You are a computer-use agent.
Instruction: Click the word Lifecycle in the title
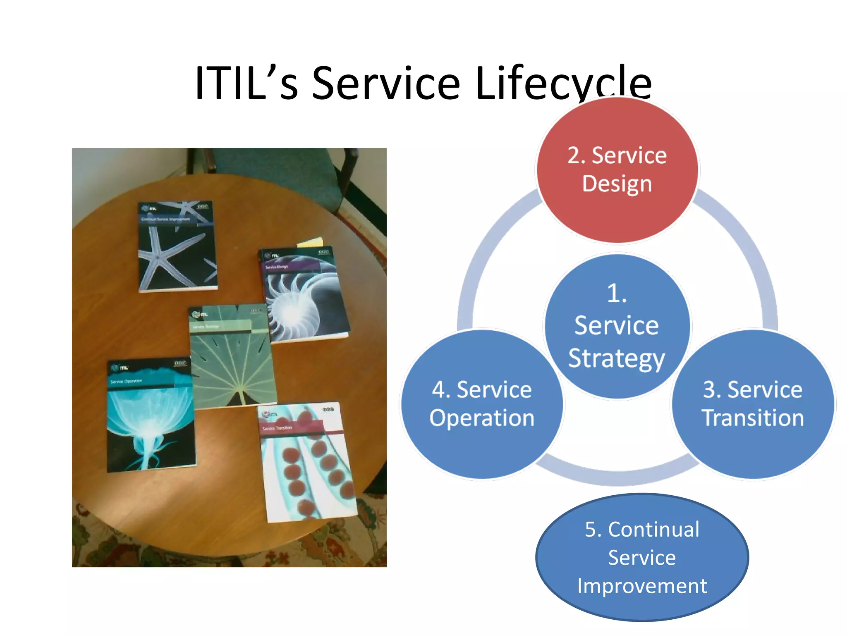click(x=563, y=84)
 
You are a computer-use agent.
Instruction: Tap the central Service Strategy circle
click(x=617, y=327)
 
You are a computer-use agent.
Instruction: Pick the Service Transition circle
click(x=753, y=404)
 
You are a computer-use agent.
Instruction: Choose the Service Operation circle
click(x=482, y=404)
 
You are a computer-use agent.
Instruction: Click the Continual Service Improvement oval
click(x=642, y=557)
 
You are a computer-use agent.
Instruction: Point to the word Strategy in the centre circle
click(x=616, y=358)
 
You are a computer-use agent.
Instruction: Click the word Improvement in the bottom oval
click(x=642, y=586)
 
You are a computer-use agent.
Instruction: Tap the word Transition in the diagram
click(x=753, y=418)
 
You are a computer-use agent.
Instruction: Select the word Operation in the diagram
click(x=482, y=418)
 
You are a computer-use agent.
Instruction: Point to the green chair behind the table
click(x=285, y=169)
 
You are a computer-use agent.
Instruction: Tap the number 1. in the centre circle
click(x=616, y=294)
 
